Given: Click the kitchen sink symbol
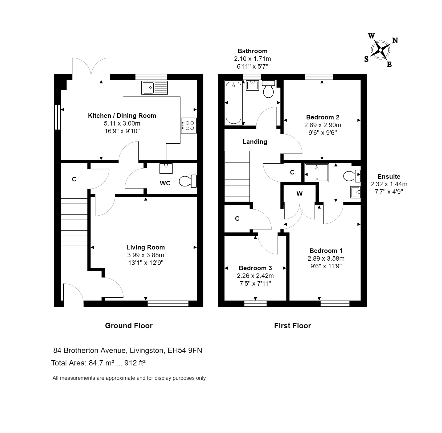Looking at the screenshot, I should click(154, 88).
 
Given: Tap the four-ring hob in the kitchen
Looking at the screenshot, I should click(189, 125).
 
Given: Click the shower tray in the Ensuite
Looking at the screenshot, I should click(317, 173).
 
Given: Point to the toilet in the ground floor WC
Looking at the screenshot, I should click(188, 181).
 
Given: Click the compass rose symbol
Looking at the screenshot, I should click(380, 50).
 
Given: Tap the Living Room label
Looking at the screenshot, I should click(145, 247).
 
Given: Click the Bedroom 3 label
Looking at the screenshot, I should click(255, 268).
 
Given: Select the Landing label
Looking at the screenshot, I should click(255, 142).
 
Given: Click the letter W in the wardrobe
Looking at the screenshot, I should click(299, 194).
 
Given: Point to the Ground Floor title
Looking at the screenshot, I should click(129, 326).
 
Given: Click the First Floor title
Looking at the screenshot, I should click(292, 326).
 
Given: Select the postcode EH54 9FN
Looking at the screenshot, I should click(185, 350).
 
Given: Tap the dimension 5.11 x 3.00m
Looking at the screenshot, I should click(122, 123).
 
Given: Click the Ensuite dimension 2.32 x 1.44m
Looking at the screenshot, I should click(389, 184).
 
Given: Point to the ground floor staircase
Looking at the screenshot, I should click(74, 222).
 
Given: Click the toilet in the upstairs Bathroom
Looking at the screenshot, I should click(268, 89).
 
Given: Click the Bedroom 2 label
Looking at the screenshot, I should click(322, 117).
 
